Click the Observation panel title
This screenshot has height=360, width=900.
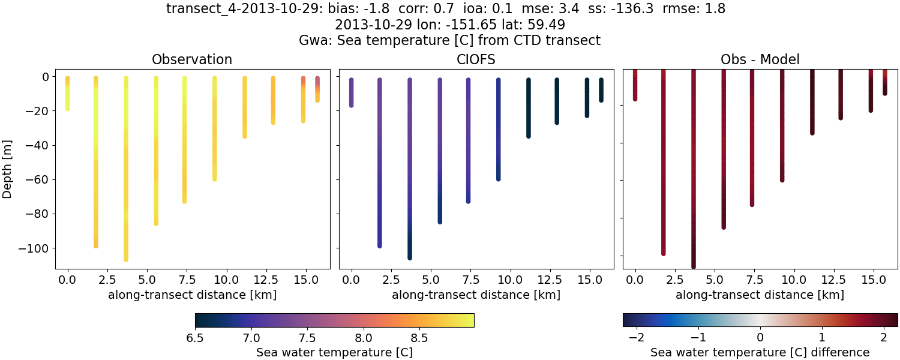pos(192,59)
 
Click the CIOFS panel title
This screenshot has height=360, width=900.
pos(476,59)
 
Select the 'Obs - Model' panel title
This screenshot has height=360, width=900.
pos(760,59)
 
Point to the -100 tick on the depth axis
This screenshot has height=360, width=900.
pos(37,248)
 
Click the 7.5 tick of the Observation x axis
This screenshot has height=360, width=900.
pos(184,280)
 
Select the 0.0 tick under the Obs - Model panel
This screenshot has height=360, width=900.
pos(635,280)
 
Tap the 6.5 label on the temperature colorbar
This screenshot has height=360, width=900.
pos(195,338)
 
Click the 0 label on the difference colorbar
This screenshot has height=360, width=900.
pos(760,338)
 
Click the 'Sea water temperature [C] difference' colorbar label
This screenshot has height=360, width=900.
pos(760,352)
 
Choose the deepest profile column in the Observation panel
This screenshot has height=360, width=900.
pos(126,168)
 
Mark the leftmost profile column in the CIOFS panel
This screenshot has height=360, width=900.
pos(352,92)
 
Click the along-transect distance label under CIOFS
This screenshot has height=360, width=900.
pos(476,295)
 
